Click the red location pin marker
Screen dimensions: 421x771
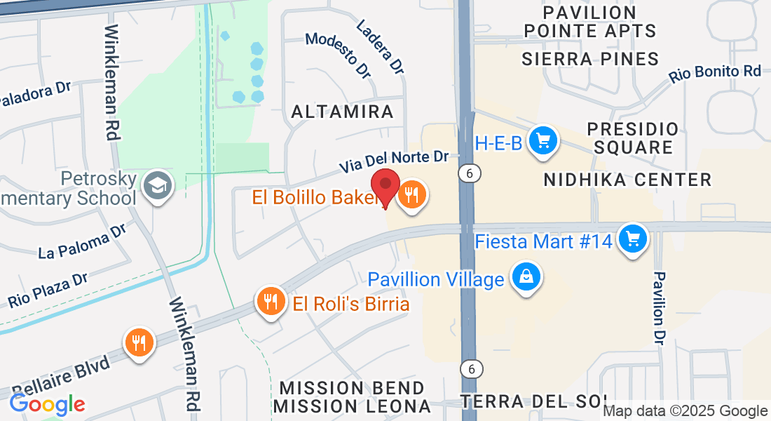(x=385, y=187)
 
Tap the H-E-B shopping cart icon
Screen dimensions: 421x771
(x=542, y=140)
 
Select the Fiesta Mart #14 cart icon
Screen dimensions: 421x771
(x=633, y=239)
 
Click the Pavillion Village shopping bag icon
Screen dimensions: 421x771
(x=525, y=276)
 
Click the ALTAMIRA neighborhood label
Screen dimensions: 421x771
(x=342, y=112)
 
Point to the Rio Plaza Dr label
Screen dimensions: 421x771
(x=48, y=290)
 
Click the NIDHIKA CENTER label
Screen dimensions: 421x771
(x=628, y=180)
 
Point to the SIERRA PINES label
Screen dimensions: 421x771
(x=590, y=59)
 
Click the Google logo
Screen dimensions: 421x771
(x=47, y=404)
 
